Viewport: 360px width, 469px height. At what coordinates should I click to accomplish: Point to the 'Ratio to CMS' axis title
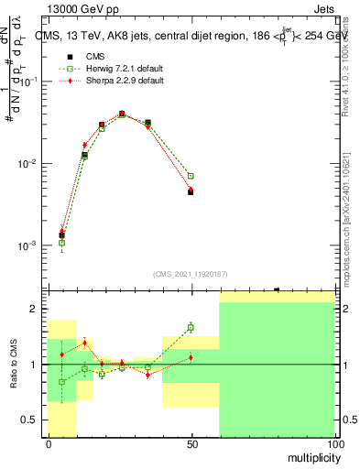click(x=16, y=365)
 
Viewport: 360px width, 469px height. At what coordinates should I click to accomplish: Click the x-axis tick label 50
click(x=191, y=444)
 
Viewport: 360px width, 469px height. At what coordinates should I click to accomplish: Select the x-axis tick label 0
click(x=49, y=444)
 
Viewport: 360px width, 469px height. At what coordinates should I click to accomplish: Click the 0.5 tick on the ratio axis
click(x=31, y=420)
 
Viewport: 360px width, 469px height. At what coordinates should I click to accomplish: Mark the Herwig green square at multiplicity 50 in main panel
click(x=191, y=176)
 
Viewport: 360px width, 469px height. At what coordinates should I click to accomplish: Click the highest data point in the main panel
click(x=122, y=114)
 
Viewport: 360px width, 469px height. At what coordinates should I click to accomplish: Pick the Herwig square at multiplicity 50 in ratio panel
click(x=191, y=327)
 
